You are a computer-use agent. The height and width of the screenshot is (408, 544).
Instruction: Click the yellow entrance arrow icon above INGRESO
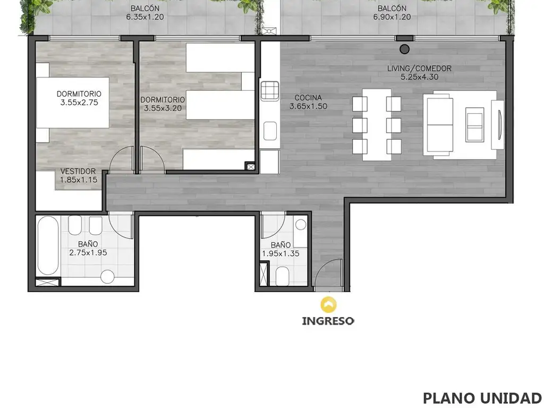point(328,304)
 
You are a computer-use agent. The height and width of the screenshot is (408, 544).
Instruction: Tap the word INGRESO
point(328,321)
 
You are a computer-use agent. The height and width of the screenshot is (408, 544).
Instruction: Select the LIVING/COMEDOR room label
point(420,69)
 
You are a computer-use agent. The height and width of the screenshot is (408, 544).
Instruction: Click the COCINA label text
point(308,98)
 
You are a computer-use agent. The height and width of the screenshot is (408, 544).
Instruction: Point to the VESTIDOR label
point(78,172)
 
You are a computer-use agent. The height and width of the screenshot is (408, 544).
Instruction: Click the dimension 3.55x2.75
point(79,103)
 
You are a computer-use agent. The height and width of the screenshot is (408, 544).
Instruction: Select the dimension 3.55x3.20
point(163,108)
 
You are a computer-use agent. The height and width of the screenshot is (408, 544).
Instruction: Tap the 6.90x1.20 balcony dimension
point(392,17)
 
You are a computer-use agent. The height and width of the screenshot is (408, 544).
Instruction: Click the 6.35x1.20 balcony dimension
point(145,17)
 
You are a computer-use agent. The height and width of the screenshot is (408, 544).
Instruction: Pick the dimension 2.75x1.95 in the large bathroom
point(88,252)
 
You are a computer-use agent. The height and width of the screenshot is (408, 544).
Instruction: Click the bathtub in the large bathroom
point(48,245)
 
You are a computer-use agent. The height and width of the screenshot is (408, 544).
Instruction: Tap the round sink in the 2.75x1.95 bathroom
point(107,276)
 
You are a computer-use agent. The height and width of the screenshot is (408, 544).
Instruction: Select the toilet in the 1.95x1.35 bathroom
point(283,276)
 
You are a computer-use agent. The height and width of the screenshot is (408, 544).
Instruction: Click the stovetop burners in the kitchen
point(270,90)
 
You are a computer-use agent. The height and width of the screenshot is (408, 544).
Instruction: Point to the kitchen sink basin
point(270,131)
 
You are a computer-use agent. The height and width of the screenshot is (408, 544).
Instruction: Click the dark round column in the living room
point(404,49)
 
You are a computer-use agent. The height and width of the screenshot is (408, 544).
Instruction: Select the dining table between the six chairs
point(377,125)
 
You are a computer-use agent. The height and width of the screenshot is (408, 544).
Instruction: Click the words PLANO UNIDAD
point(482,398)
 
